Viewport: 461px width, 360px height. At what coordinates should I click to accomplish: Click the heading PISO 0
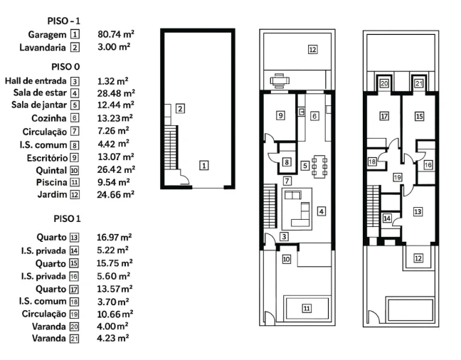(x=65, y=67)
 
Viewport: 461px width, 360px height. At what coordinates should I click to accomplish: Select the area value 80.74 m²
(x=116, y=34)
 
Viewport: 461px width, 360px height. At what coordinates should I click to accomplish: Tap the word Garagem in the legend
(x=47, y=35)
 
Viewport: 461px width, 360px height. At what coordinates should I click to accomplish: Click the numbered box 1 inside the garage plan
(x=204, y=165)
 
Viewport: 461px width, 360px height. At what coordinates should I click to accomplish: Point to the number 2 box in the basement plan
(x=180, y=109)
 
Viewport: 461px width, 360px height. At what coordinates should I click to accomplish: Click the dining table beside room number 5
(x=319, y=166)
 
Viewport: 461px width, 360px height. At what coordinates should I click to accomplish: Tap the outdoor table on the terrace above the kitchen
(x=280, y=80)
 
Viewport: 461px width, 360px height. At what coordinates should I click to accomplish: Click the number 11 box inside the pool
(x=307, y=308)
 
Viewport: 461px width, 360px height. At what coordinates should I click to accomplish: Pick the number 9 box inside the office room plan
(x=280, y=115)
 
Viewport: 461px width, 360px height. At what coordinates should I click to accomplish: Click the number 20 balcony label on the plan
(x=384, y=83)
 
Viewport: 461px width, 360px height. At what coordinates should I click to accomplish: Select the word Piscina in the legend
(x=52, y=182)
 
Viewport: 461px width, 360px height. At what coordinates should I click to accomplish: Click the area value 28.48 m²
(x=116, y=93)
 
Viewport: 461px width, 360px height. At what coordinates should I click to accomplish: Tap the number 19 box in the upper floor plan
(x=398, y=177)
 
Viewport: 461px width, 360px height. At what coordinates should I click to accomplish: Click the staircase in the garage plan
(x=171, y=147)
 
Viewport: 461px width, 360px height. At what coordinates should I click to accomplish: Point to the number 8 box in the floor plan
(x=287, y=162)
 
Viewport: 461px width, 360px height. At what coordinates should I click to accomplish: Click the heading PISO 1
(x=67, y=219)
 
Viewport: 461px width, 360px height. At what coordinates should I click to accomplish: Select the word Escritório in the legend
(x=48, y=158)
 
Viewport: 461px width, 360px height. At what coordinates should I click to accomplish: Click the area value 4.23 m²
(x=113, y=338)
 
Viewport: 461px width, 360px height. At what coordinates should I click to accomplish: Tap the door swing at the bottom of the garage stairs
(x=184, y=177)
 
